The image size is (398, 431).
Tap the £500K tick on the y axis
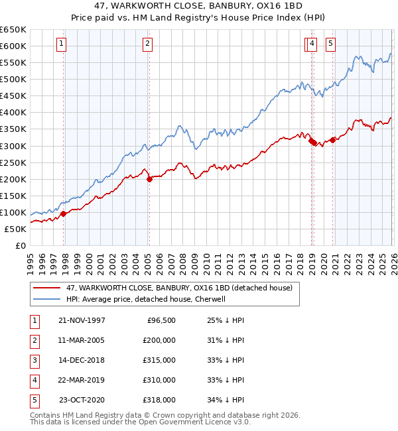point(13,79)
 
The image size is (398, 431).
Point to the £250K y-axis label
point(13,162)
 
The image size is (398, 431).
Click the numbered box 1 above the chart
point(61,44)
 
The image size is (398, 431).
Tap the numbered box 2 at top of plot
point(147,44)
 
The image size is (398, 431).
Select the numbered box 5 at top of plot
point(330,44)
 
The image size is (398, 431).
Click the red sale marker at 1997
point(64,214)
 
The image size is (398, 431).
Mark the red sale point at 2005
point(149,179)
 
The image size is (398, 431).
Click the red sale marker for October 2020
point(332,140)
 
